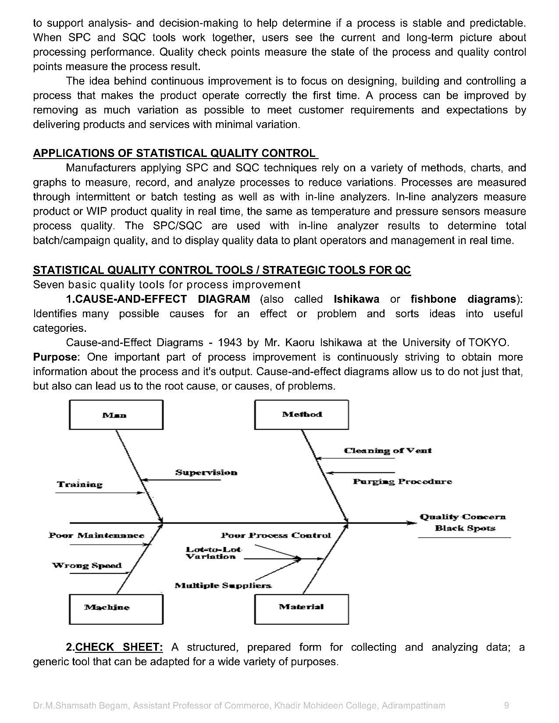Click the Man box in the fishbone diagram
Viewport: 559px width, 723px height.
click(x=116, y=415)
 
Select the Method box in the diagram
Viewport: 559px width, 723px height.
click(x=302, y=414)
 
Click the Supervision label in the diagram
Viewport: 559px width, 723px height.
click(x=206, y=472)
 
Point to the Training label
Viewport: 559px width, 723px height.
click(x=80, y=484)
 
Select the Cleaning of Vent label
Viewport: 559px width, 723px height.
click(x=388, y=450)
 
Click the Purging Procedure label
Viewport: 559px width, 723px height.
click(x=402, y=482)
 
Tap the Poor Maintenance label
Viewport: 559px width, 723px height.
click(x=96, y=535)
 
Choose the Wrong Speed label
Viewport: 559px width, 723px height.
click(x=87, y=565)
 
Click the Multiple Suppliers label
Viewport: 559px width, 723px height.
click(x=223, y=585)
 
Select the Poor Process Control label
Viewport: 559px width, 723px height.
click(x=276, y=535)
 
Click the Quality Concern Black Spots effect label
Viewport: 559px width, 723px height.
click(x=463, y=522)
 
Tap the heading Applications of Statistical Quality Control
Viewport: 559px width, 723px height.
click(x=174, y=153)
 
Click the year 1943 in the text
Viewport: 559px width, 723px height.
click(x=230, y=342)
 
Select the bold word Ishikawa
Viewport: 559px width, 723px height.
click(x=356, y=299)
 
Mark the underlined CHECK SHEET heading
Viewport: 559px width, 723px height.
click(x=119, y=647)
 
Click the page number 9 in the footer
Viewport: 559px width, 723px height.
click(x=507, y=705)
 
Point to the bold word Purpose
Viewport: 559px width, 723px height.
click(x=56, y=357)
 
